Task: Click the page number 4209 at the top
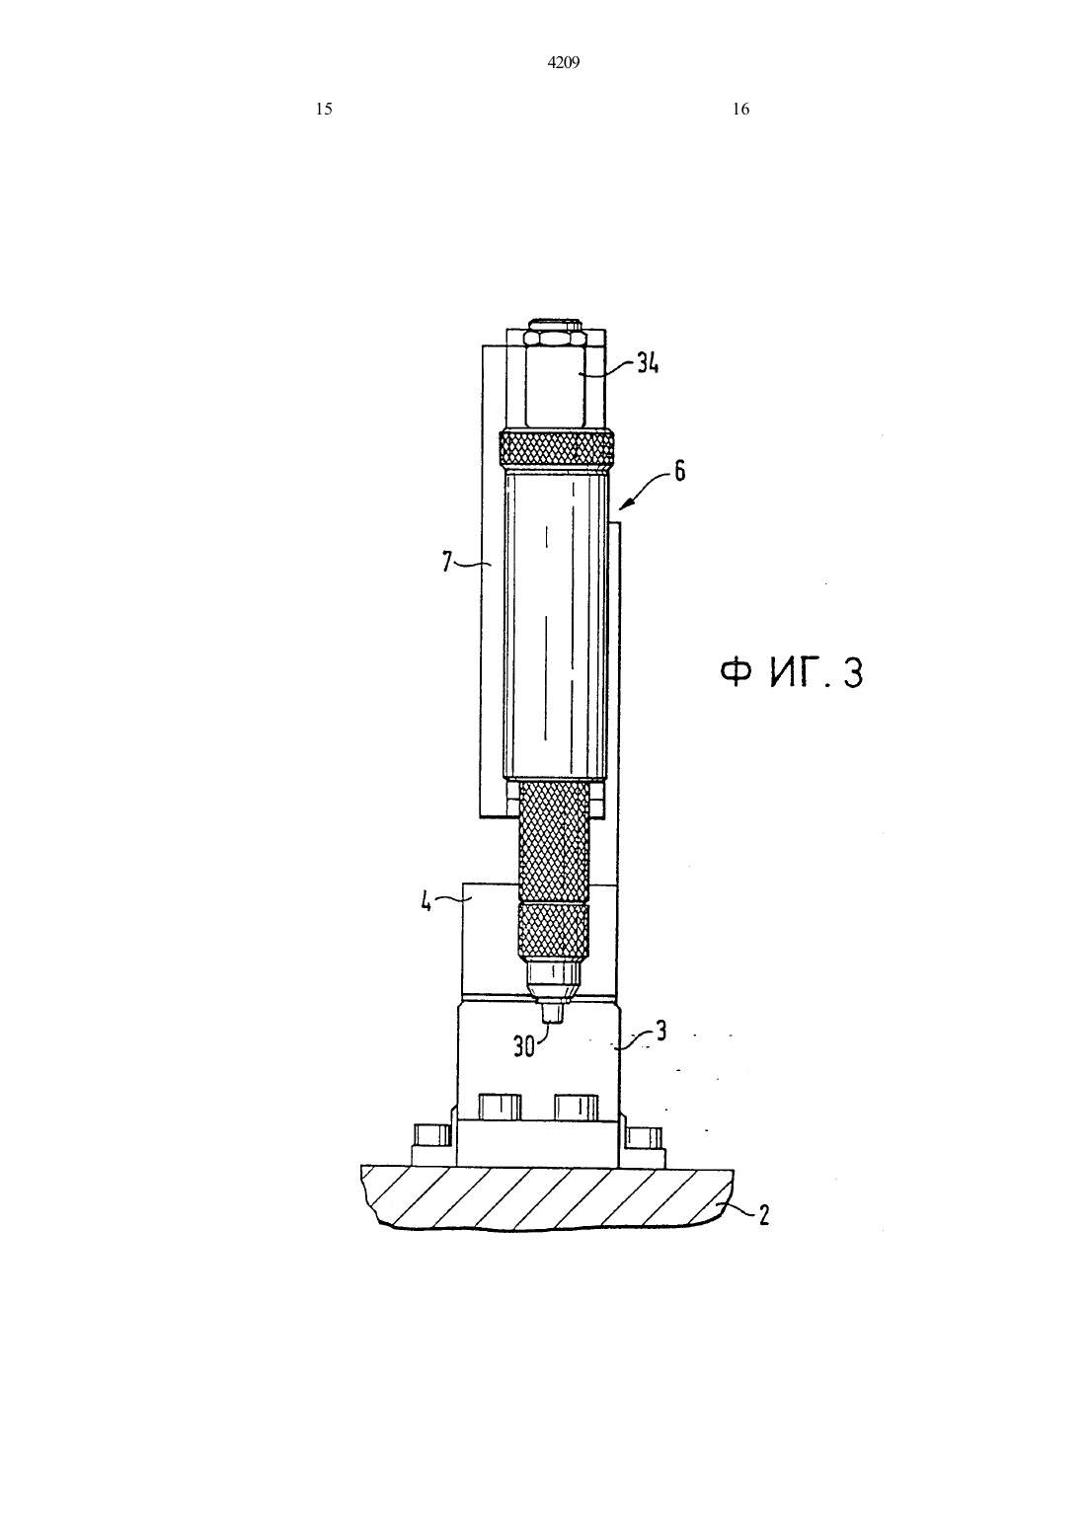(564, 63)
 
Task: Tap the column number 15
(324, 109)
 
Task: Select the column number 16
(740, 109)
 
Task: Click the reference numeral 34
(648, 363)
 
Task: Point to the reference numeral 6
(679, 473)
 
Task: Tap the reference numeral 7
(446, 563)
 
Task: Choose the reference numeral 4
(427, 901)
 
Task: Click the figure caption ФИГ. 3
(791, 672)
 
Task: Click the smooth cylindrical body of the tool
(555, 623)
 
